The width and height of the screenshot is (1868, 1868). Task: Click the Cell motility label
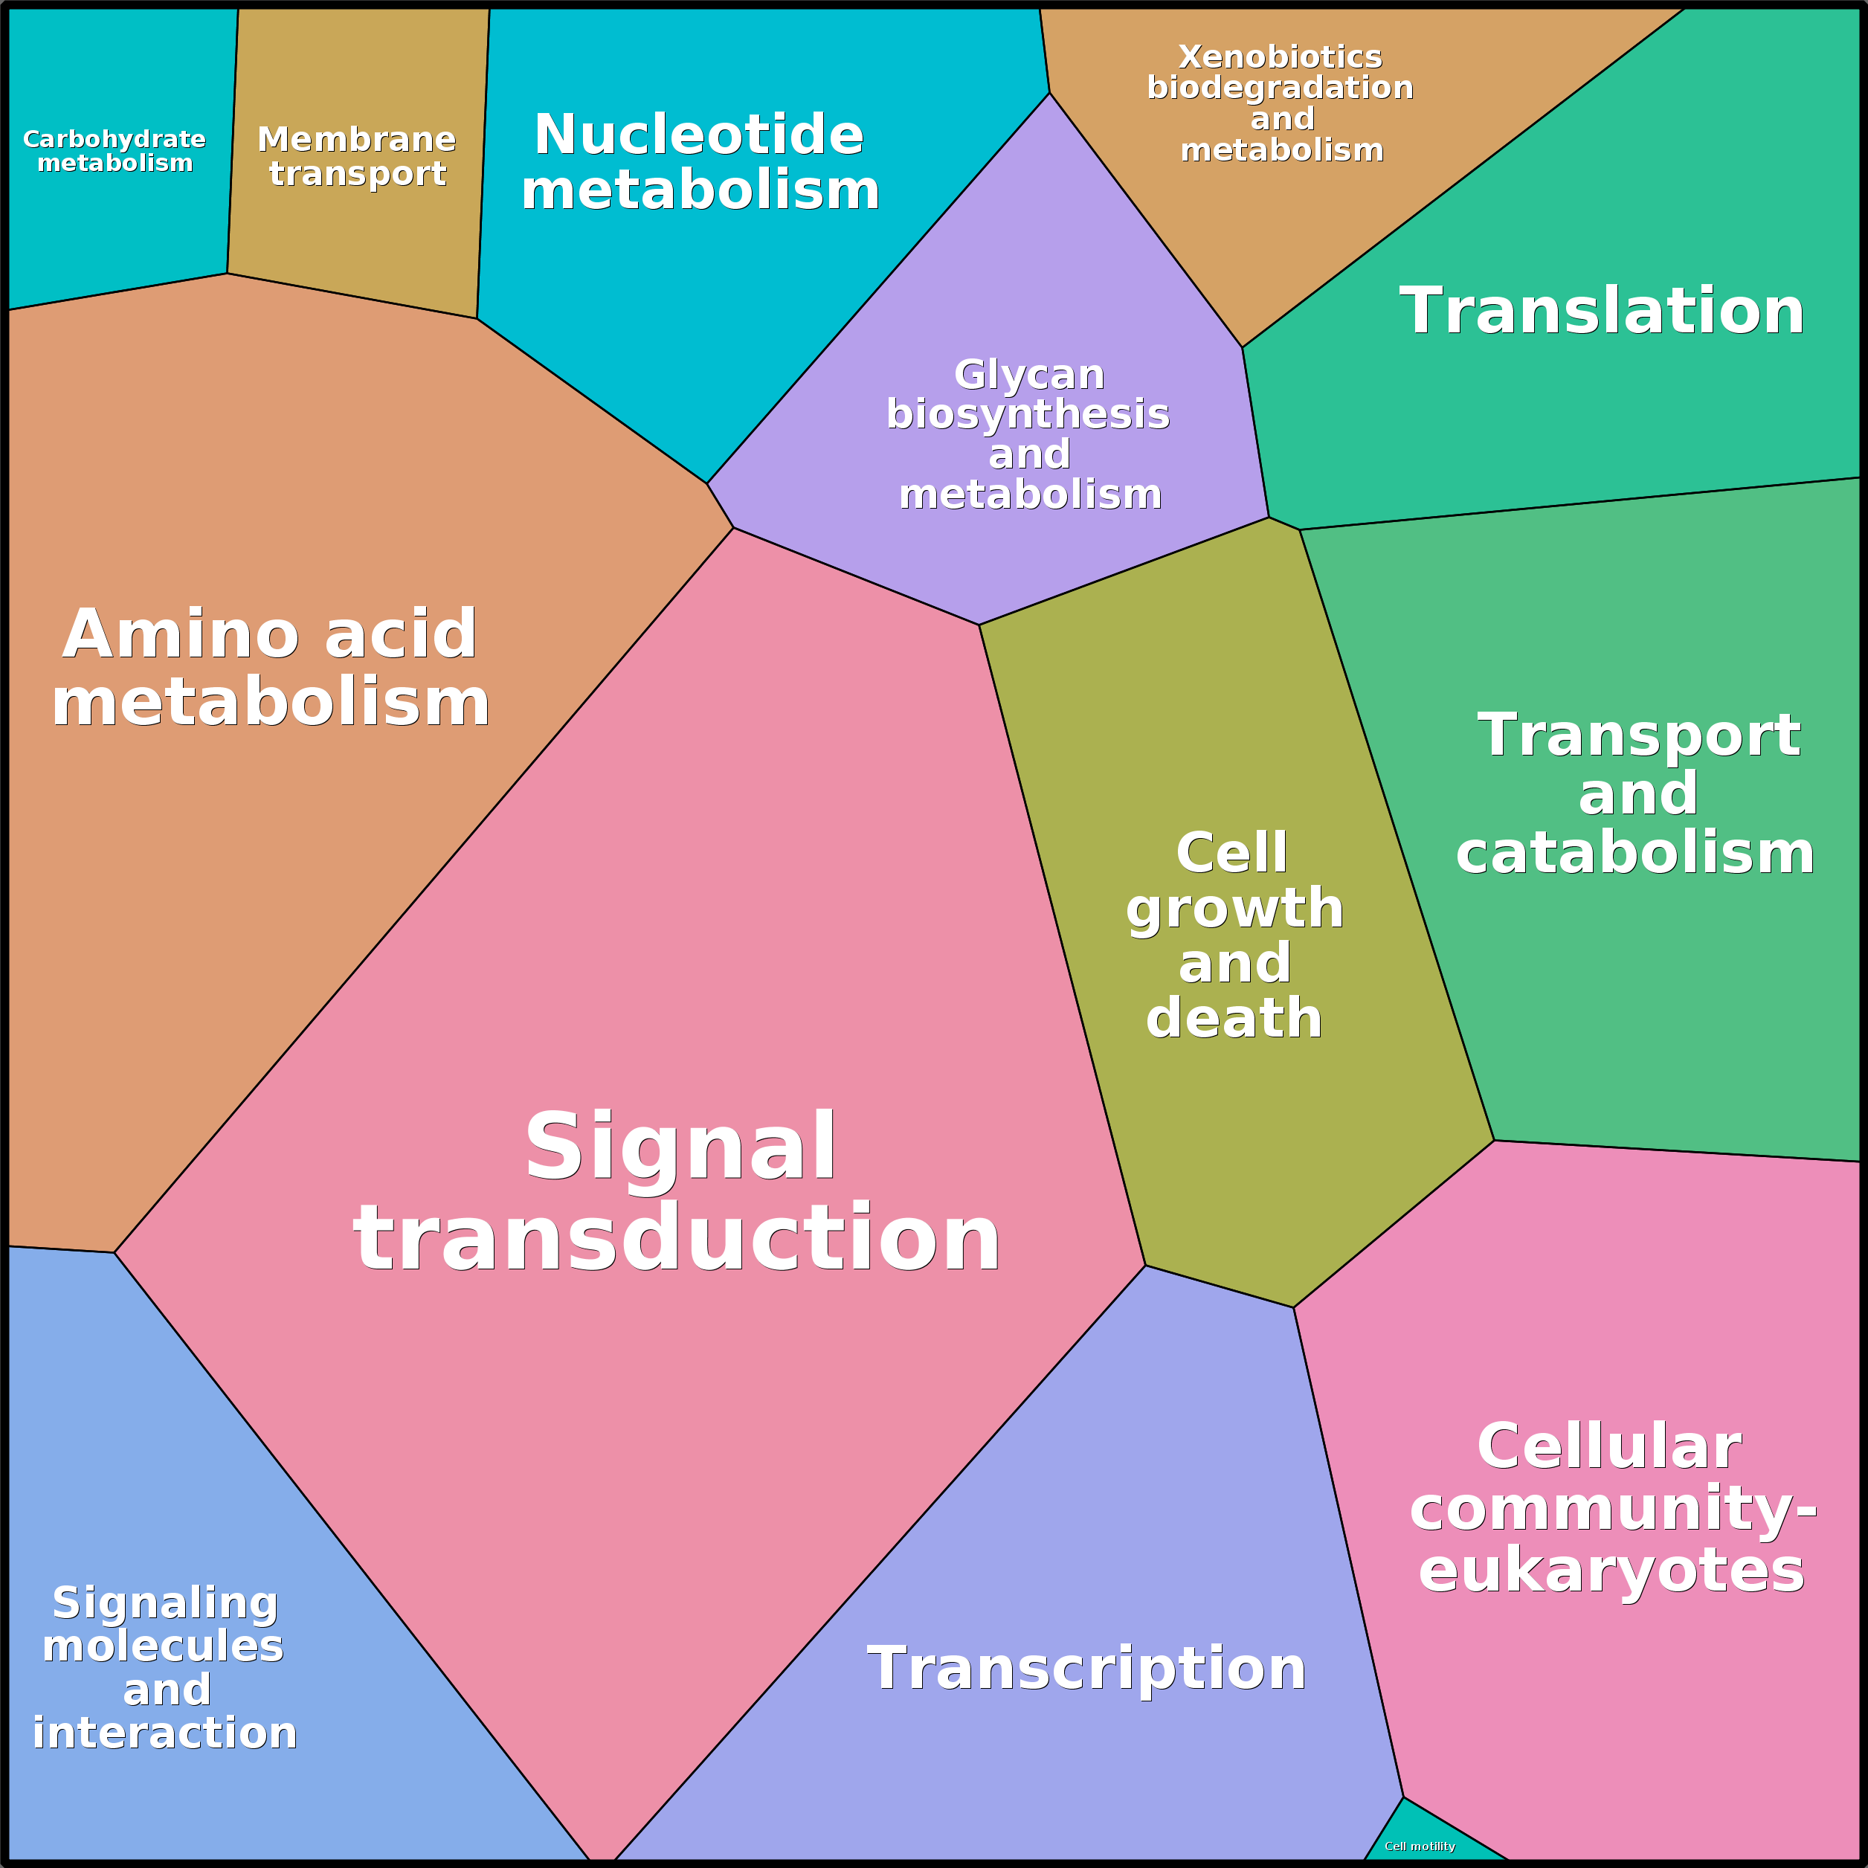coord(1420,1846)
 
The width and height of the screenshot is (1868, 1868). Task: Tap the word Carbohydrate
coord(114,139)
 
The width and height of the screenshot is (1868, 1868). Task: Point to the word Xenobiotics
coord(1280,57)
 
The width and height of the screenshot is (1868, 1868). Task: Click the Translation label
coord(1601,312)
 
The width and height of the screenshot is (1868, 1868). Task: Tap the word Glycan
coord(1028,374)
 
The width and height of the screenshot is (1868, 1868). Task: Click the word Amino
coord(181,634)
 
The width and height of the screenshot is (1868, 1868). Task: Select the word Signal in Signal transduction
coord(680,1147)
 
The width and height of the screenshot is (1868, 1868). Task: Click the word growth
coord(1234,908)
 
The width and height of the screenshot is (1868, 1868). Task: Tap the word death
coord(1234,1018)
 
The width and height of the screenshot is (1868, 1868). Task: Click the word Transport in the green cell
coord(1639,735)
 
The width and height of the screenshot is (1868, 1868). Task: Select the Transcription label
coord(1086,1668)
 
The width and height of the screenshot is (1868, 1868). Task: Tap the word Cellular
coord(1609,1446)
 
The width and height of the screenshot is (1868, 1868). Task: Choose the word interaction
coord(164,1732)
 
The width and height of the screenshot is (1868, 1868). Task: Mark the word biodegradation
coord(1280,88)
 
